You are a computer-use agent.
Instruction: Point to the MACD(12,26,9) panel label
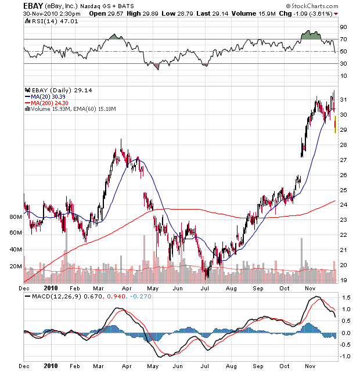pos(47,297)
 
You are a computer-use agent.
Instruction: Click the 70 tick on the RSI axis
pos(343,39)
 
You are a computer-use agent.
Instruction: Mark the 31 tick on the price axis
pos(343,100)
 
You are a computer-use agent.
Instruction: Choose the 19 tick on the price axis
pos(343,280)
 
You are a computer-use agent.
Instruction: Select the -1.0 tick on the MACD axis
pos(345,356)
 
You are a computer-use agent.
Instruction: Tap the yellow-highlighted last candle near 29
pos(335,124)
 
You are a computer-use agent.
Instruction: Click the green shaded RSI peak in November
pos(311,35)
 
